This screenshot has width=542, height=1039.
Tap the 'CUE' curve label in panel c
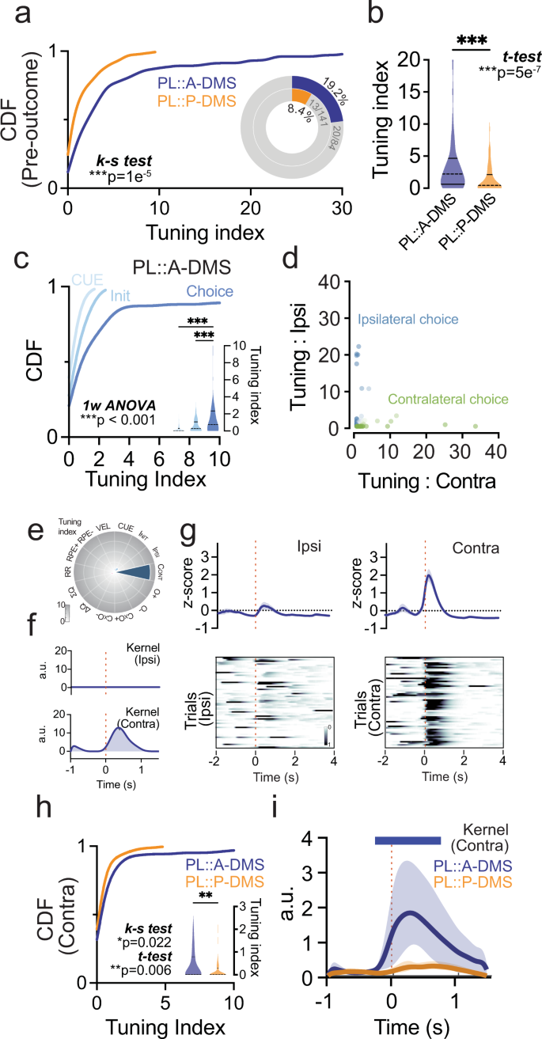tap(87, 279)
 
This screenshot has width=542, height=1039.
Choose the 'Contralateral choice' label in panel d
tap(449, 400)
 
